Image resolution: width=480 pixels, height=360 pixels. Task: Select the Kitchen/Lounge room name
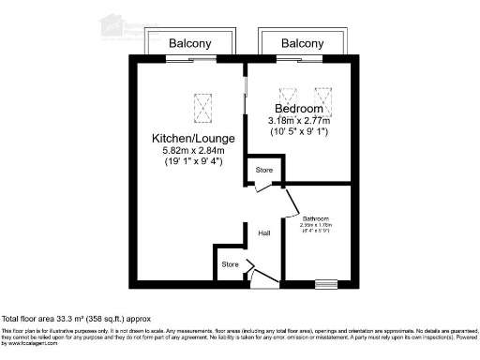pos(193,139)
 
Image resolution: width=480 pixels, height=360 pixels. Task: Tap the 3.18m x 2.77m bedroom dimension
pos(299,120)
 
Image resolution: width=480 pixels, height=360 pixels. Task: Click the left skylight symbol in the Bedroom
pos(291,97)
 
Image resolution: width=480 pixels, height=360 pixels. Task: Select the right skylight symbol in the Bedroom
pos(323,97)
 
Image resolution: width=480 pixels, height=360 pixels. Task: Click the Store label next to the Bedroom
pos(263,171)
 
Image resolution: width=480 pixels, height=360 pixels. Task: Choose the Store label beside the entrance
pos(230,264)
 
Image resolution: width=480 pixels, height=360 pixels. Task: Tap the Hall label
pos(264,233)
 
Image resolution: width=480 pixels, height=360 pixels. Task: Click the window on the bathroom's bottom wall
pos(326,283)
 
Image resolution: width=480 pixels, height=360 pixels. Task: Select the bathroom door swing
pos(290,202)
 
